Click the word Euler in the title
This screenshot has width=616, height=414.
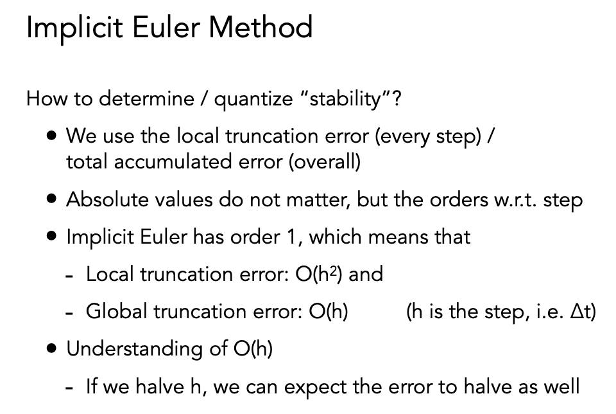click(166, 27)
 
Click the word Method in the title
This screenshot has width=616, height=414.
click(260, 27)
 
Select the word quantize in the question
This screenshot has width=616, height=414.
click(253, 99)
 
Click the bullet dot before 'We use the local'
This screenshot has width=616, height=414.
click(51, 136)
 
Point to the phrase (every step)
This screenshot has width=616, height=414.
click(428, 136)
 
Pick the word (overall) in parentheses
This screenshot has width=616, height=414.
click(325, 161)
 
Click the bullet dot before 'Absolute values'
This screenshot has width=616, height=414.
click(51, 199)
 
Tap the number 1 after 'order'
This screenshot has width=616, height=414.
click(291, 237)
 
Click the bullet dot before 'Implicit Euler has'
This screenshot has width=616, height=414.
click(51, 236)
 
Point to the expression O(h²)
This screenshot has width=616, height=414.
click(319, 274)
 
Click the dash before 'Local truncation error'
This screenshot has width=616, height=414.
click(69, 276)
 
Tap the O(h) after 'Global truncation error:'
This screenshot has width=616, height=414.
click(329, 311)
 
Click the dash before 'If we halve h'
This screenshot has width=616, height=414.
click(69, 389)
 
